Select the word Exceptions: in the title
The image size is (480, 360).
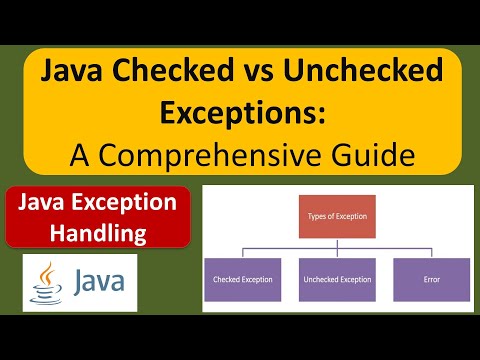(x=240, y=113)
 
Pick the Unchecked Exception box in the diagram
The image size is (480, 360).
(x=335, y=280)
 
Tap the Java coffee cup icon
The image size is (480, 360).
(x=43, y=282)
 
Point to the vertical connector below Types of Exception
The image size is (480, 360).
(x=335, y=247)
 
